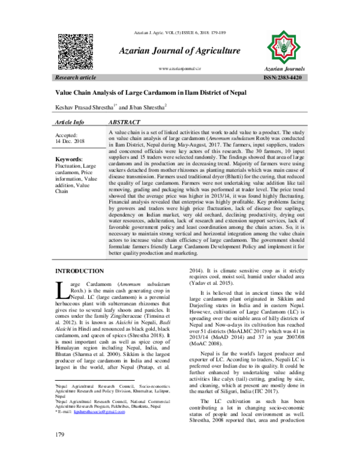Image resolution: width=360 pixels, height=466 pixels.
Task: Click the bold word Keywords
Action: point(69,159)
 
